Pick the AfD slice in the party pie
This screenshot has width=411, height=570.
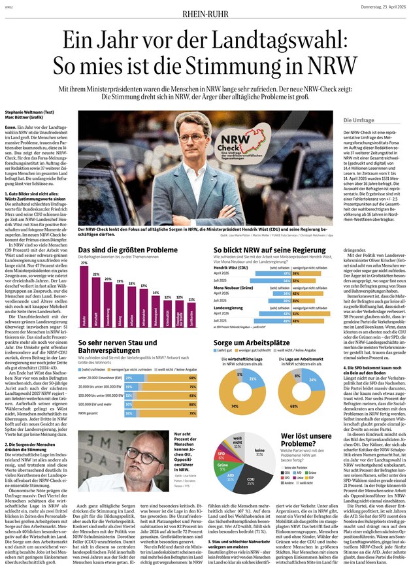[231, 462]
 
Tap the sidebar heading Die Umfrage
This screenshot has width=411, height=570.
[359, 121]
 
